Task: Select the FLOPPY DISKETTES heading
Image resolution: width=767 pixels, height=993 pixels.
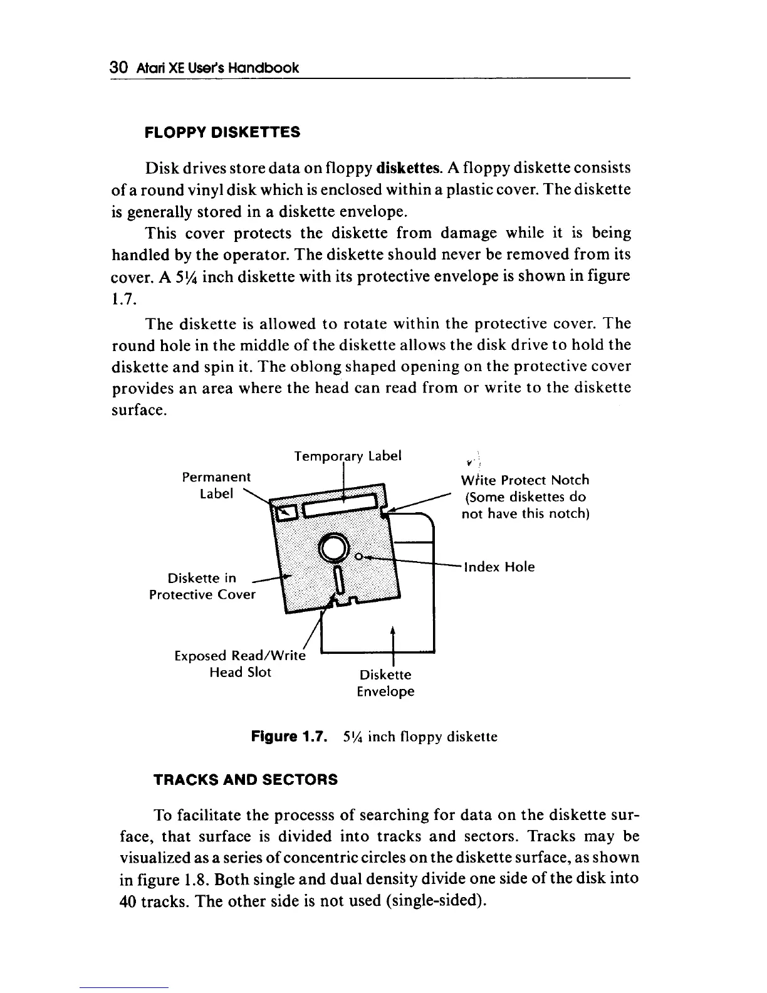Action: click(x=222, y=133)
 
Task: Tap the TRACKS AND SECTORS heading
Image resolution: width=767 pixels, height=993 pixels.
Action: click(x=245, y=779)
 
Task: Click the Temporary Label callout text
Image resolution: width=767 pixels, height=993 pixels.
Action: click(x=348, y=455)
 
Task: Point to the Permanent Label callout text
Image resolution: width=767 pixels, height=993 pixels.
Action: click(x=216, y=485)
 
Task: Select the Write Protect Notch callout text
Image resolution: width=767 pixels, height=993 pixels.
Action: click(x=525, y=497)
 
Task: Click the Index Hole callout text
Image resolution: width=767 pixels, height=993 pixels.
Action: click(x=499, y=567)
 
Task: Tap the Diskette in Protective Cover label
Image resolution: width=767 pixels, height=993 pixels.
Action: click(x=202, y=586)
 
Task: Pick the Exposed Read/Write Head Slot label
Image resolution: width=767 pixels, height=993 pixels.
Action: click(x=241, y=664)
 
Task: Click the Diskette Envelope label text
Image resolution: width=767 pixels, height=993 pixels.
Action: click(x=385, y=683)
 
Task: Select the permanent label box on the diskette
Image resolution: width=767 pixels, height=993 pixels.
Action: click(x=286, y=513)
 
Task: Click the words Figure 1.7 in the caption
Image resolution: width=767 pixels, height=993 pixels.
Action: click(x=288, y=737)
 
